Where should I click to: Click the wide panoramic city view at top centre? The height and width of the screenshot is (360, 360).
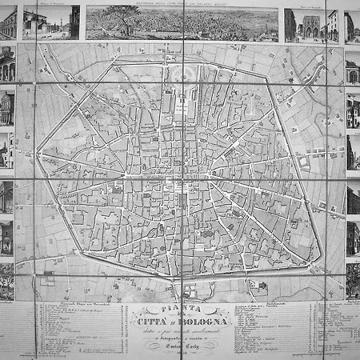(x=182, y=23)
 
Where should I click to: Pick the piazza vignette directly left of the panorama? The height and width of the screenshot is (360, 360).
(x=51, y=22)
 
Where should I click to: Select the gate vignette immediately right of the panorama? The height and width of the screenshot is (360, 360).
(x=304, y=24)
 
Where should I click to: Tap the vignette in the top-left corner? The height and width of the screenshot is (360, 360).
(x=7, y=22)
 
